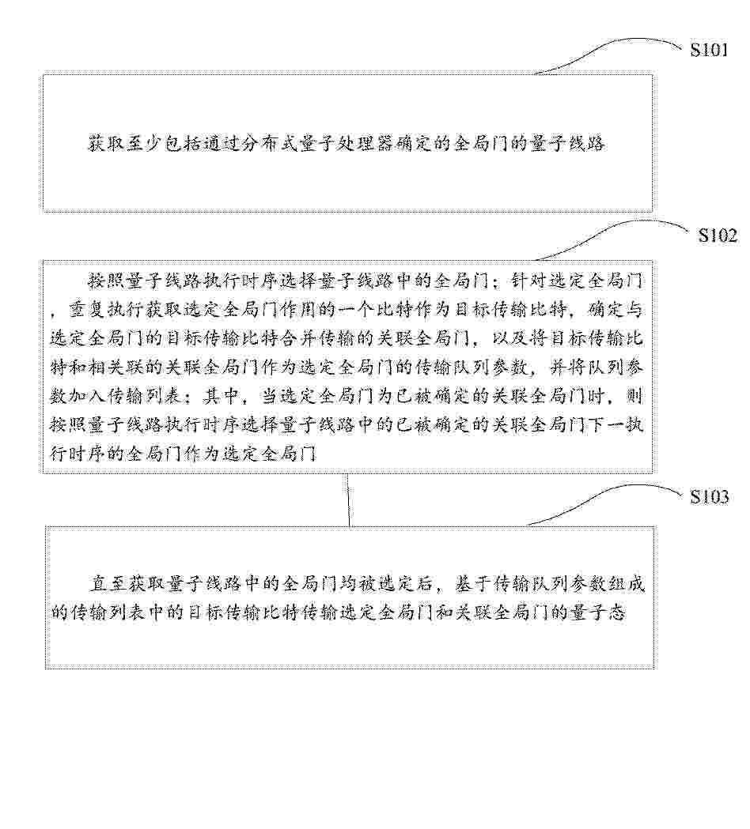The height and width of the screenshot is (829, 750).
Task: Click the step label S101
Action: tap(709, 50)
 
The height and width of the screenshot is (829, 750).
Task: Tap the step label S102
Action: tap(718, 236)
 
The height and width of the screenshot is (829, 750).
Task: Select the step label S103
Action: tap(709, 497)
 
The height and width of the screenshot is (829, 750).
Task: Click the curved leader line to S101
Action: tap(608, 53)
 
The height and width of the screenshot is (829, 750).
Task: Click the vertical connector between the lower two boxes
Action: tap(348, 499)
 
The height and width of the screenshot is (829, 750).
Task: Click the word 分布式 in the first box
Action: tap(268, 143)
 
